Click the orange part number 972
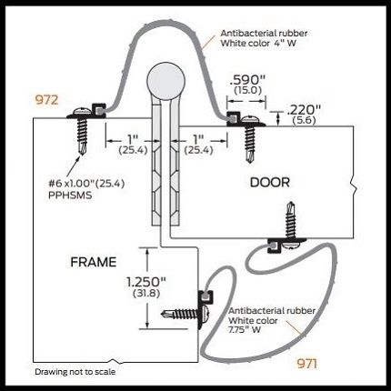tap(46, 100)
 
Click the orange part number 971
tap(307, 363)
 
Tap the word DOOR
tap(270, 183)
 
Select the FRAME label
tap(94, 262)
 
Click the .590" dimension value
tap(247, 80)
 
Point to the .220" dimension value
tap(304, 110)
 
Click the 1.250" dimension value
tap(146, 282)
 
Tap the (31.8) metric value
tap(146, 294)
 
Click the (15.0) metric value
tap(247, 90)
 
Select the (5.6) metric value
tap(304, 120)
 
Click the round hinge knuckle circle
tap(165, 81)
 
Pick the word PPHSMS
tap(70, 195)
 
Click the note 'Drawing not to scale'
tap(75, 372)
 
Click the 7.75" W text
tap(245, 329)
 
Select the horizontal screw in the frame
tap(185, 314)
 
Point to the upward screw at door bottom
tap(290, 225)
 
